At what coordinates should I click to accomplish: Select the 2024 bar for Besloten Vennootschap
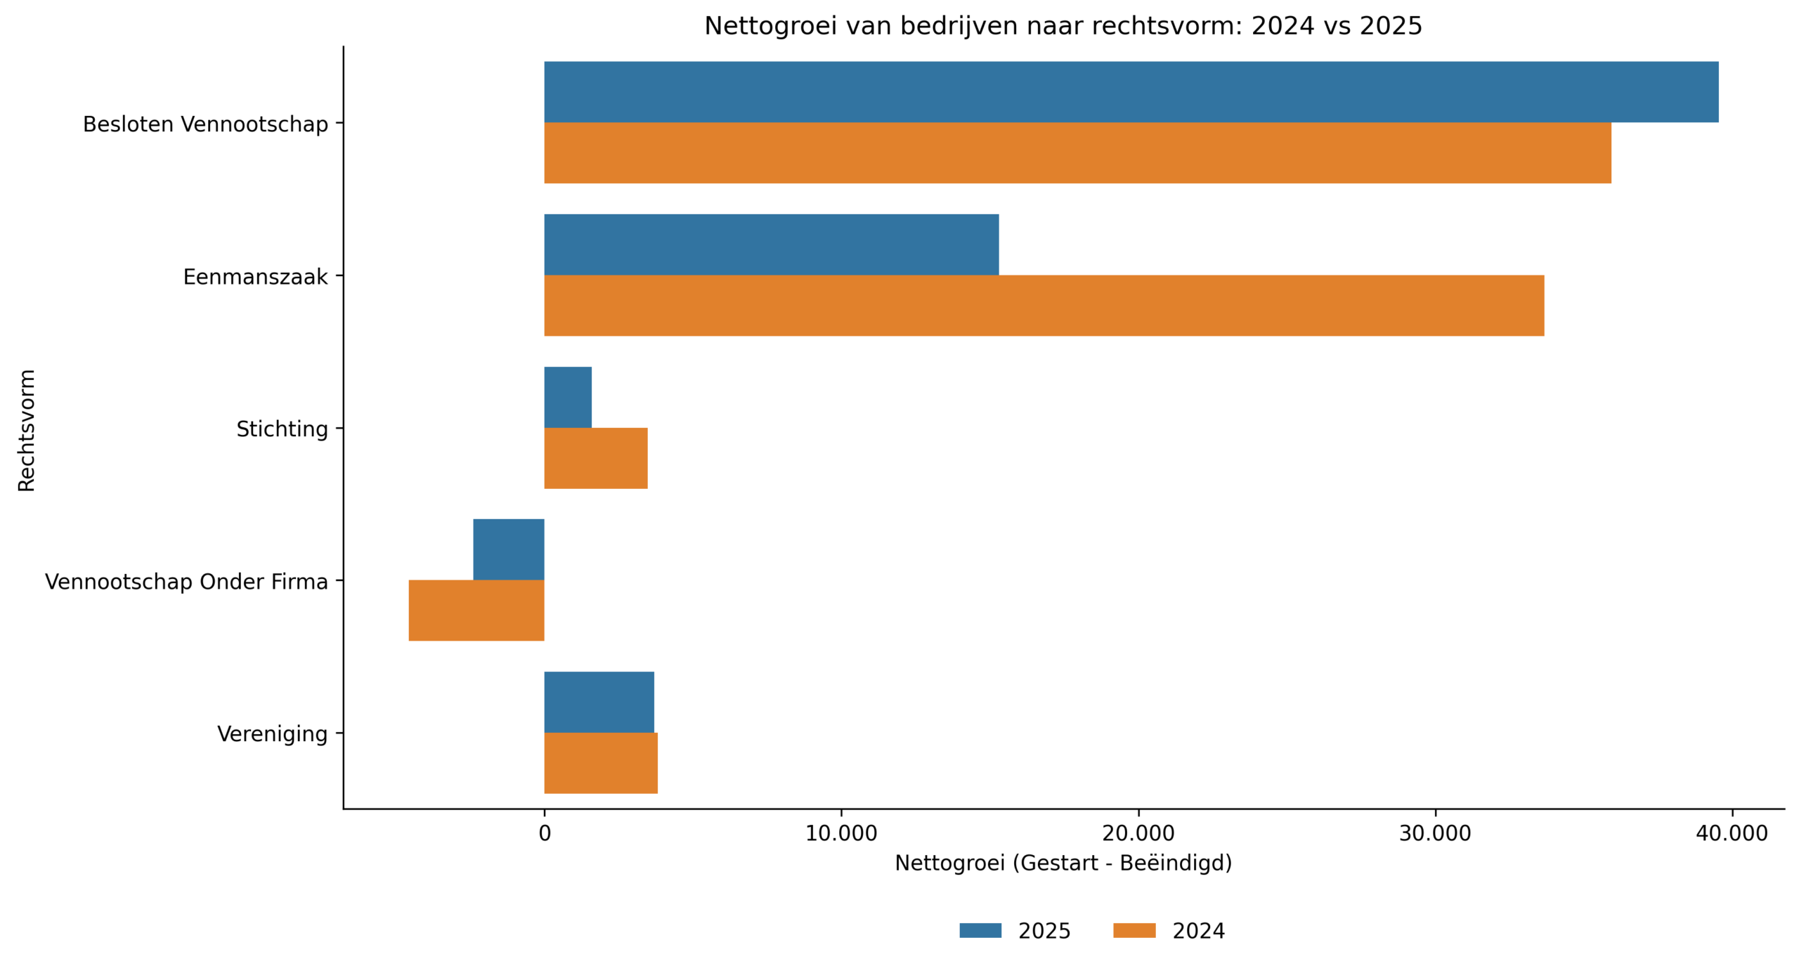(1077, 152)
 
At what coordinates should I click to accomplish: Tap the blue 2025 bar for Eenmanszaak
(771, 244)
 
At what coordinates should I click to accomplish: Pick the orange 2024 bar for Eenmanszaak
(1043, 305)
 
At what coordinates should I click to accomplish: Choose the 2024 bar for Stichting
(595, 457)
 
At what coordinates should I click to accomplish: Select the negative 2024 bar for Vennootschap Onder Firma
(476, 610)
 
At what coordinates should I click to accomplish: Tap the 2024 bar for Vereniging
(600, 762)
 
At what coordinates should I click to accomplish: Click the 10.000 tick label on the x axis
(840, 833)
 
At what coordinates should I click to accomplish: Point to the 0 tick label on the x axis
(544, 833)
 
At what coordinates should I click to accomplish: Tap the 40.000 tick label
(1730, 833)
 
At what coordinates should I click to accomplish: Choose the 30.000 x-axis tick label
(1434, 833)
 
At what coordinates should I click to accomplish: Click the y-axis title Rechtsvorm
(27, 430)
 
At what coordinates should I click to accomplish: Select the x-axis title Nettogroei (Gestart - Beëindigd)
(1063, 862)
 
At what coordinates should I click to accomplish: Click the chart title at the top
(1063, 26)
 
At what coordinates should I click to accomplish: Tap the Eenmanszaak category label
(255, 277)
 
